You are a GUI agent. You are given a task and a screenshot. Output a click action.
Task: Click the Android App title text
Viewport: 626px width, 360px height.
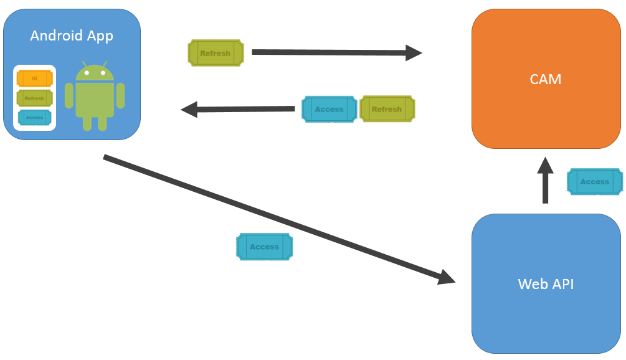tap(72, 36)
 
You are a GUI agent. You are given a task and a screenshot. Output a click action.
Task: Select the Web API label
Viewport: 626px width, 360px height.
tap(546, 284)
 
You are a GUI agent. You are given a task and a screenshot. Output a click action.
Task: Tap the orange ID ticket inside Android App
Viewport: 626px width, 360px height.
tap(35, 78)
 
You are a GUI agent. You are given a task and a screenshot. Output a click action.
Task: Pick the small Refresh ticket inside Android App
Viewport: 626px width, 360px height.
tap(35, 98)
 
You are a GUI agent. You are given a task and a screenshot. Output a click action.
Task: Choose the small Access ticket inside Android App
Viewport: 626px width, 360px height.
tap(35, 117)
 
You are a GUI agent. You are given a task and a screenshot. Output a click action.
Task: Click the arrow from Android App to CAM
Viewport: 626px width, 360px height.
tap(336, 53)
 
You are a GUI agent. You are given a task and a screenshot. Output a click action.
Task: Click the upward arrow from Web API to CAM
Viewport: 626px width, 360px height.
tap(545, 181)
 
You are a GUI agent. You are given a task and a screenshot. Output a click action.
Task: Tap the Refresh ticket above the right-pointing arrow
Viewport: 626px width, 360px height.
tap(216, 53)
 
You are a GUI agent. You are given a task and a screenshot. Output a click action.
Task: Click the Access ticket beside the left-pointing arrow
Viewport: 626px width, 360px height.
tap(330, 109)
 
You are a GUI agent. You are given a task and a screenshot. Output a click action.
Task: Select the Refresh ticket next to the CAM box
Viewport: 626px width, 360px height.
tap(387, 109)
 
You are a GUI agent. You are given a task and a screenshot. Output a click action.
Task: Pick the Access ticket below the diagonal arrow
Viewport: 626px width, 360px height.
tap(264, 247)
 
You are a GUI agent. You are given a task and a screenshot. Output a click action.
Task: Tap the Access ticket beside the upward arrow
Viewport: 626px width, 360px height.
tap(595, 182)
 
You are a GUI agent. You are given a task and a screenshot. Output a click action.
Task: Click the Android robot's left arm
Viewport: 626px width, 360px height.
tap(69, 96)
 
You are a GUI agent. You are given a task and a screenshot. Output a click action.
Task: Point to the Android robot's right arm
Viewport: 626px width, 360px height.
tap(120, 96)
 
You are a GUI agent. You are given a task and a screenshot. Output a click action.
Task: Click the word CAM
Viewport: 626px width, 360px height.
tap(546, 79)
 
